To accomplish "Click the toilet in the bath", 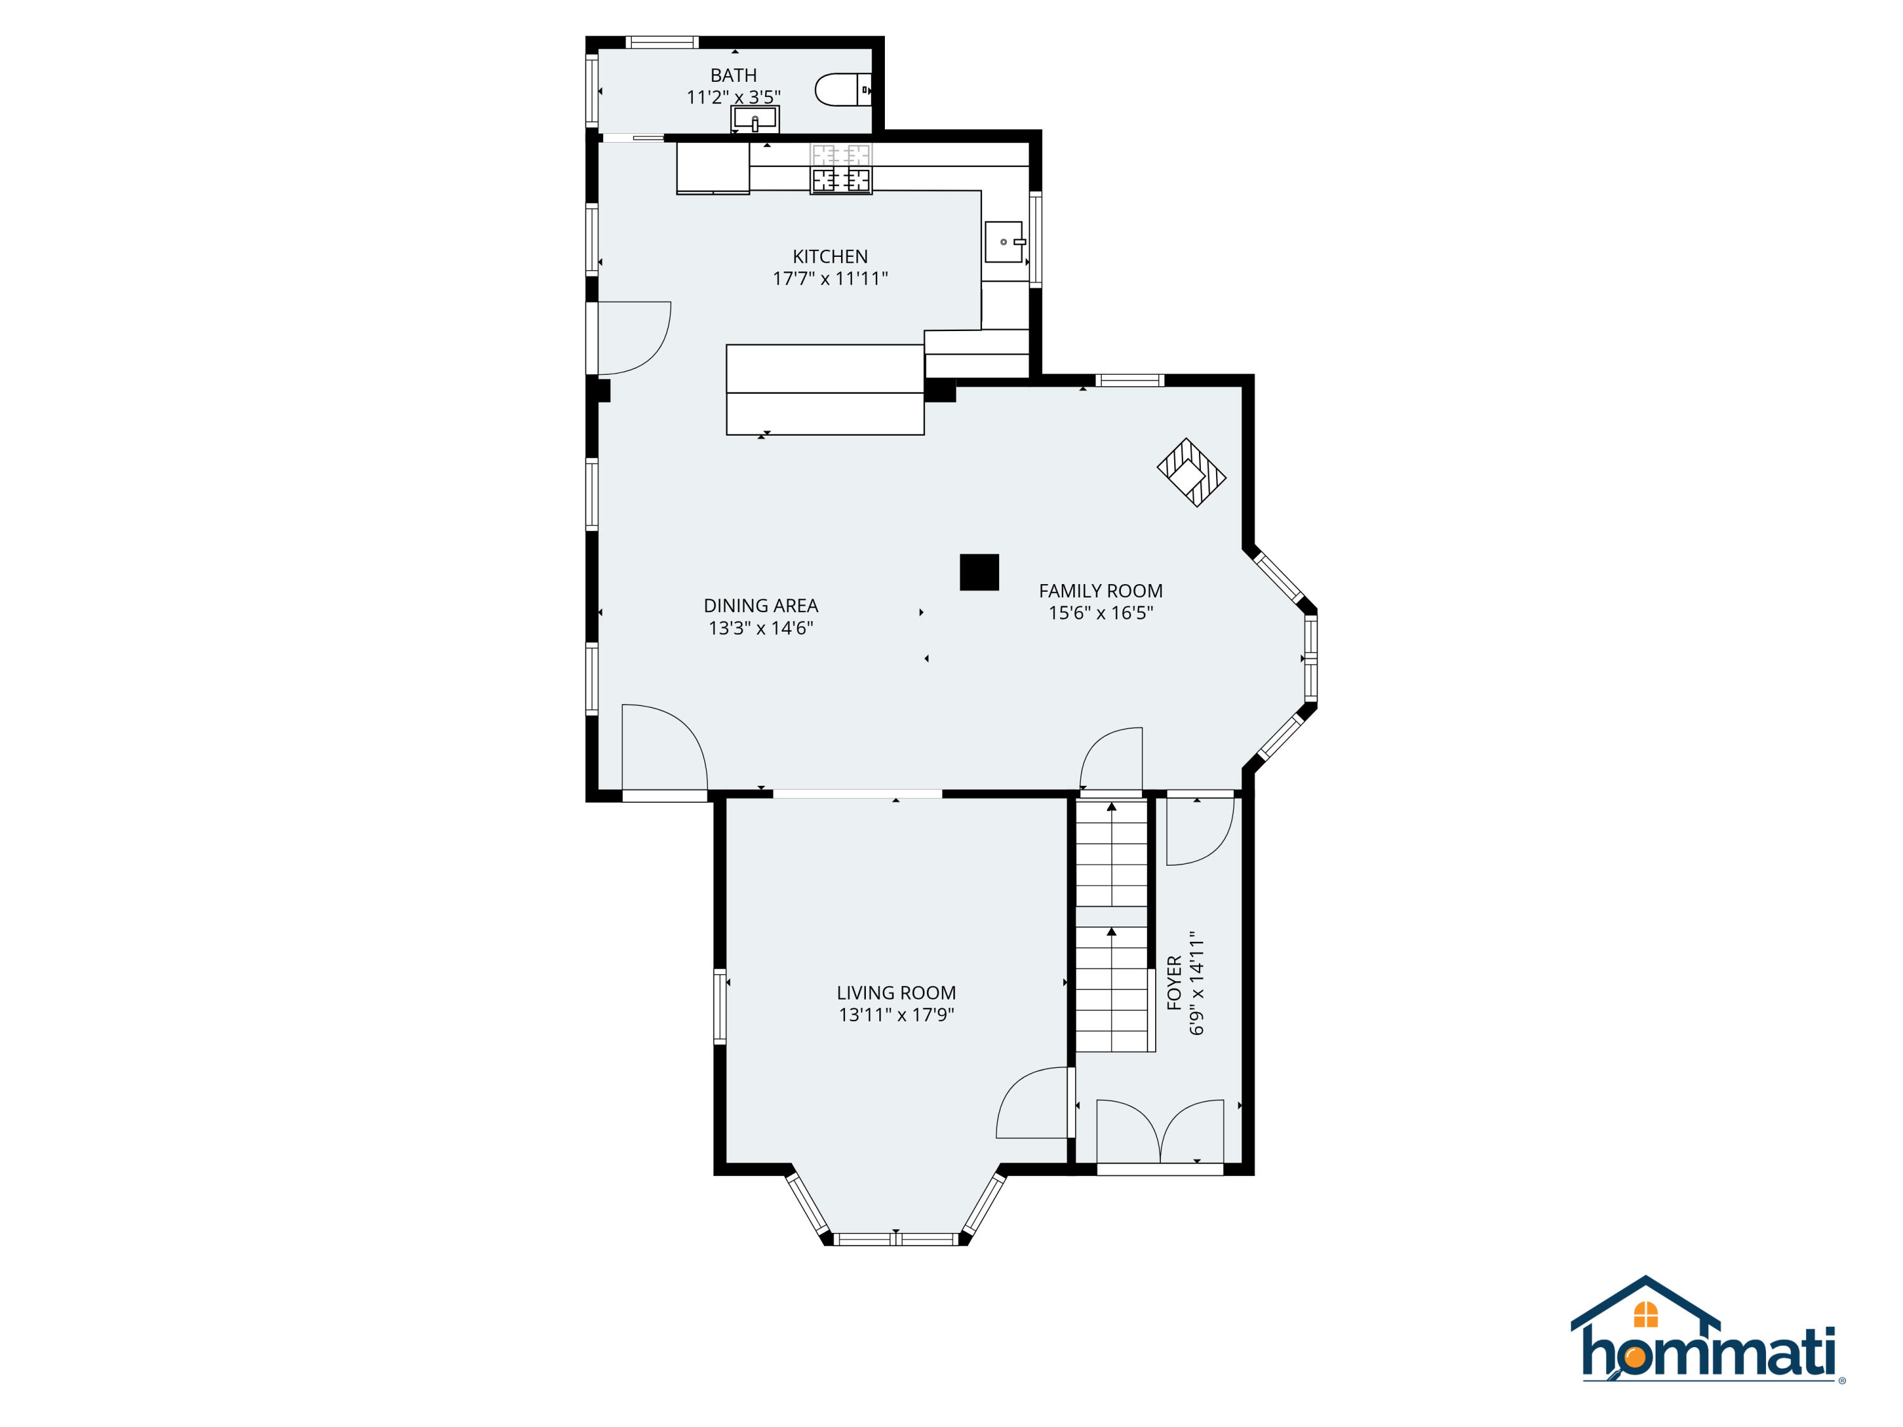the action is [x=843, y=89].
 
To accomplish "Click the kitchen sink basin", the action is [x=1005, y=242].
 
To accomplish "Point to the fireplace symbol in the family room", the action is [x=1191, y=472].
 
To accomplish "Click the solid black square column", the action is [x=979, y=572].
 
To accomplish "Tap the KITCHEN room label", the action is [x=830, y=256].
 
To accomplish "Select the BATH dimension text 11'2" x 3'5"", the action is [x=734, y=97].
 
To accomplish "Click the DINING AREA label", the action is [x=761, y=606].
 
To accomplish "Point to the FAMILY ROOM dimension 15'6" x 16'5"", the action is [x=1101, y=613].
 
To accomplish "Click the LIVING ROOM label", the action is [x=896, y=993].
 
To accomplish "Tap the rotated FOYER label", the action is [x=1174, y=982].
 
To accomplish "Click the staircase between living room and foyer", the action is [x=1114, y=925].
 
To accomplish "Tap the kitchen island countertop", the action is [x=825, y=389].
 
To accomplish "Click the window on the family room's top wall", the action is [x=1130, y=380].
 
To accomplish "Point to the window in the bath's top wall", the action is [x=662, y=42].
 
